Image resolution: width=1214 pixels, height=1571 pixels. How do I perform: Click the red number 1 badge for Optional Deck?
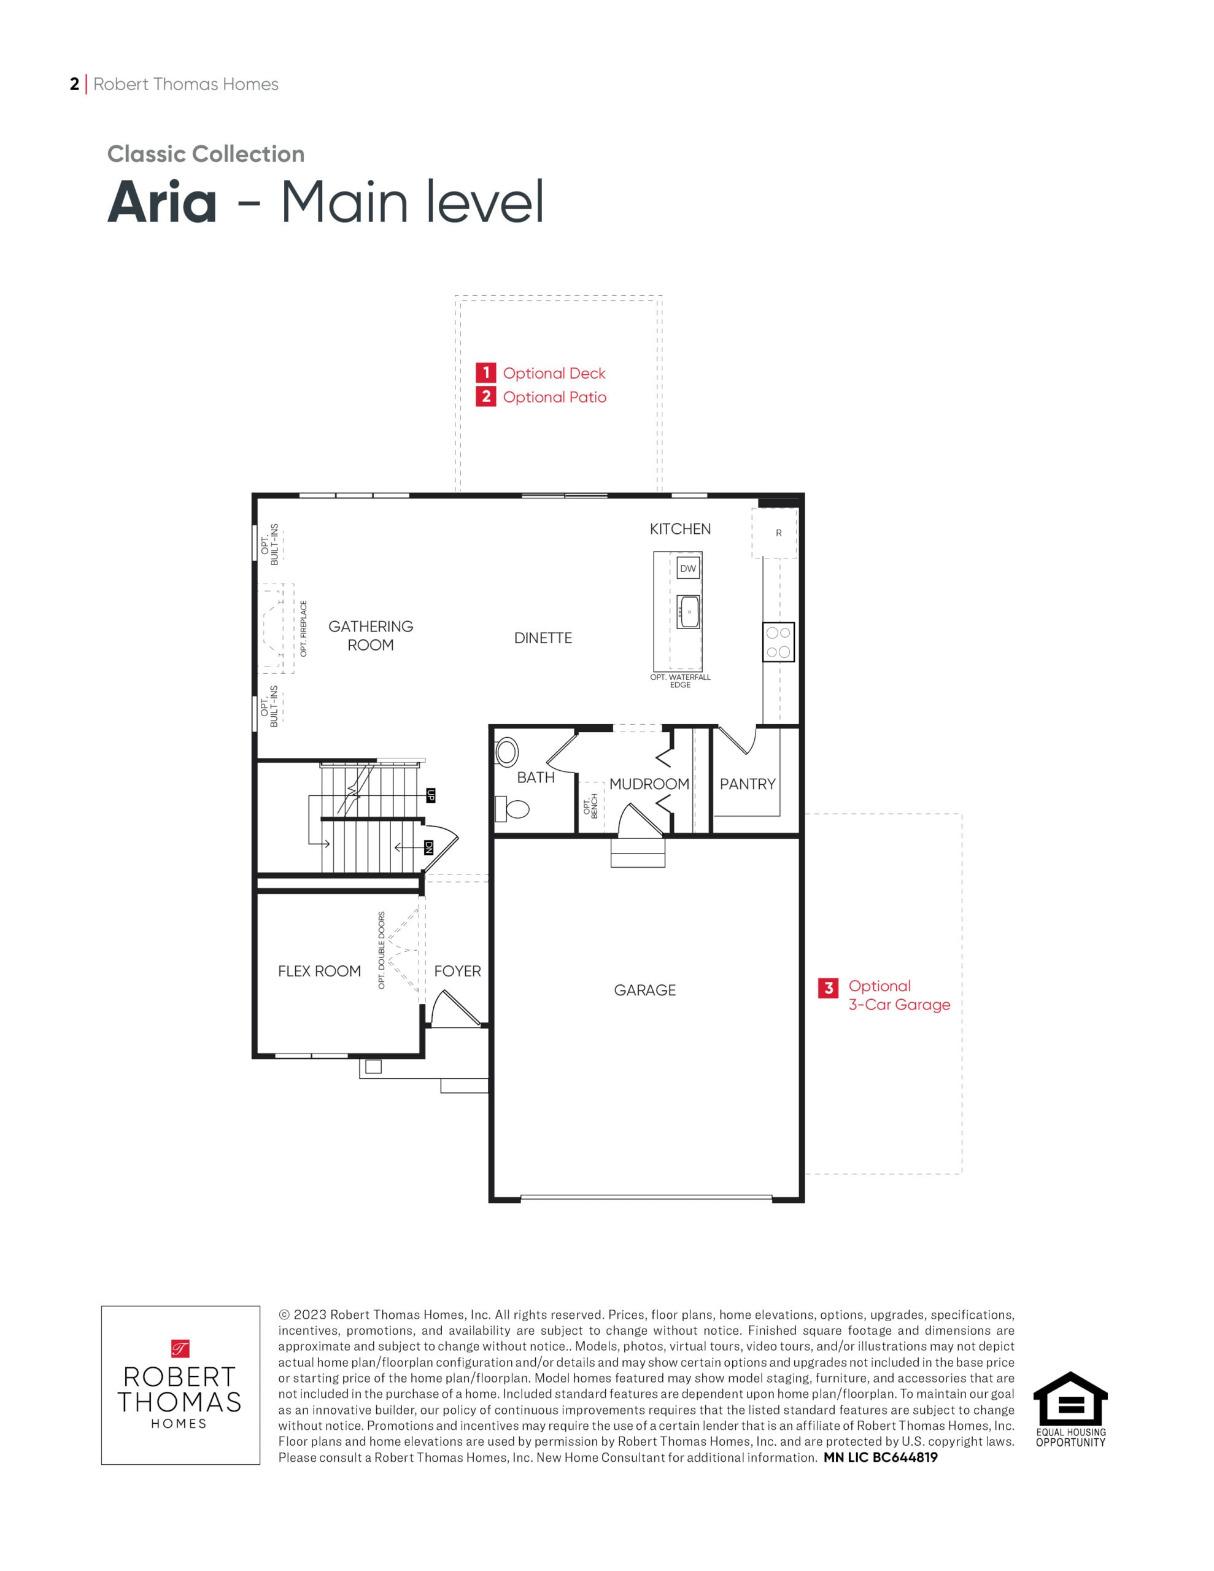point(485,372)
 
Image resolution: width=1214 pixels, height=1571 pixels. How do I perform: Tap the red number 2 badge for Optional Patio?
point(485,396)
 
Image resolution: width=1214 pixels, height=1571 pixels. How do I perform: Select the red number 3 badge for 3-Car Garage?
point(829,989)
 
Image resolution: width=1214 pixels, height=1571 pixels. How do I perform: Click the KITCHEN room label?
point(680,530)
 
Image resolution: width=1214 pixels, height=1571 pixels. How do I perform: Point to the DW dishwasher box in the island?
point(689,568)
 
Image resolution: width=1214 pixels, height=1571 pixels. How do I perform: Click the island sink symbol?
point(689,611)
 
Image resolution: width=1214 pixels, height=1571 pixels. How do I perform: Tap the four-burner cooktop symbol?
point(779,643)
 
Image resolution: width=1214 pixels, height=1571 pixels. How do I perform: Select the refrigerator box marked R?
point(775,533)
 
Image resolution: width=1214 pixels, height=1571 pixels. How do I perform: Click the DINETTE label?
point(543,638)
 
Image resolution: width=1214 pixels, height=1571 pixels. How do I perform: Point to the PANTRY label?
point(748,784)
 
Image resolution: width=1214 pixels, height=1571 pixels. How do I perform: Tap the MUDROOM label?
point(649,784)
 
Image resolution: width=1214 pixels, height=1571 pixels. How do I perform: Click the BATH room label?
point(536,778)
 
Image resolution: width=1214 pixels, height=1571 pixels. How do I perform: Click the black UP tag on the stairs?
point(431,795)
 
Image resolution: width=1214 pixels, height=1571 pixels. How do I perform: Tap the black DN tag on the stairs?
point(429,848)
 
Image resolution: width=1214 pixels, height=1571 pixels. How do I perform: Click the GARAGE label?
point(645,990)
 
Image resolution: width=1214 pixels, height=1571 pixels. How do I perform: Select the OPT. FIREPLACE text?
point(304,628)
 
